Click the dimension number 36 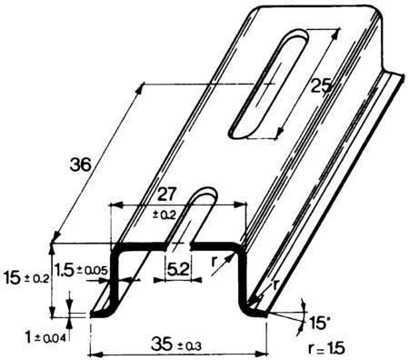80,165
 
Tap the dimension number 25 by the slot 321,86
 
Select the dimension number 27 166,195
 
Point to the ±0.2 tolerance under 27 165,215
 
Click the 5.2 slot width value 178,269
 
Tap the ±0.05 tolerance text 92,270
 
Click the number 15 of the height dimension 13,278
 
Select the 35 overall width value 162,344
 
